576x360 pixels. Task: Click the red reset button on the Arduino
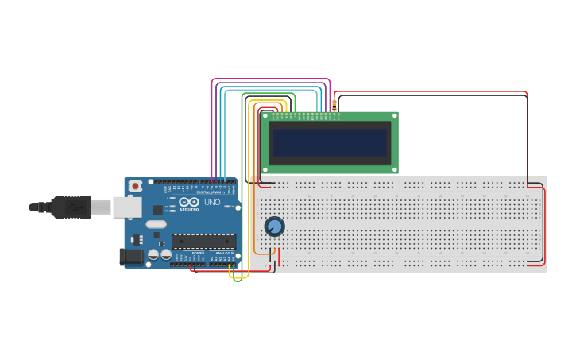(135, 186)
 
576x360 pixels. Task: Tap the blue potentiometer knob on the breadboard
(274, 226)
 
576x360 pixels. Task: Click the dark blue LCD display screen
(330, 143)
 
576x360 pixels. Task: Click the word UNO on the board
(213, 203)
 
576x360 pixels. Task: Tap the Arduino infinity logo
(189, 203)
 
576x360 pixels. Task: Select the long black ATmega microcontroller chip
(204, 241)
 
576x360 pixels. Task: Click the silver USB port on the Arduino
(126, 207)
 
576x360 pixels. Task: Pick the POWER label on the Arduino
(198, 252)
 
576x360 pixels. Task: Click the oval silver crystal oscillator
(157, 224)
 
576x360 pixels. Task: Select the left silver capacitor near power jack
(153, 255)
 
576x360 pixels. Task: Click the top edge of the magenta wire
(270, 79)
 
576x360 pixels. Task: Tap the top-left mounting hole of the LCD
(266, 116)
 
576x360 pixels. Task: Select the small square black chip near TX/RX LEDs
(158, 210)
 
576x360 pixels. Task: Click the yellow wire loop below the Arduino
(235, 277)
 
